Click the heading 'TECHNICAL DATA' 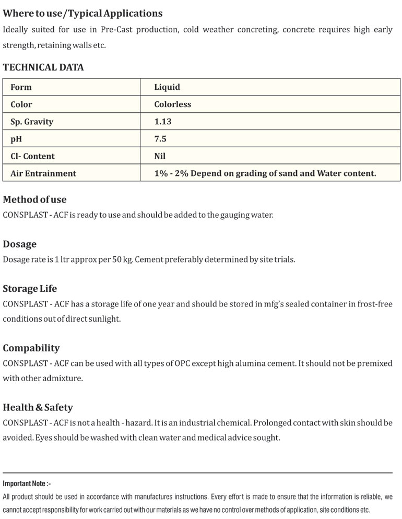point(43,67)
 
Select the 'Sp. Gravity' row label point(32,122)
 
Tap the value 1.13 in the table point(163,122)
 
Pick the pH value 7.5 point(160,139)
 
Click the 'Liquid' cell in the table point(167,87)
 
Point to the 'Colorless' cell point(173,104)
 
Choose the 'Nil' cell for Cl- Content point(160,156)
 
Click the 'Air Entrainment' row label point(43,173)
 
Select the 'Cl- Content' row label point(32,156)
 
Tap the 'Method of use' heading point(35,199)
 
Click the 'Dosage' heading point(20,244)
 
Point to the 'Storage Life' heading point(30,289)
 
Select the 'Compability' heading point(31,348)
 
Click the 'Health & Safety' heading point(38,407)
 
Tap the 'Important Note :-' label point(27,484)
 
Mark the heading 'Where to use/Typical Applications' point(82,14)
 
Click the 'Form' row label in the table point(21,87)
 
